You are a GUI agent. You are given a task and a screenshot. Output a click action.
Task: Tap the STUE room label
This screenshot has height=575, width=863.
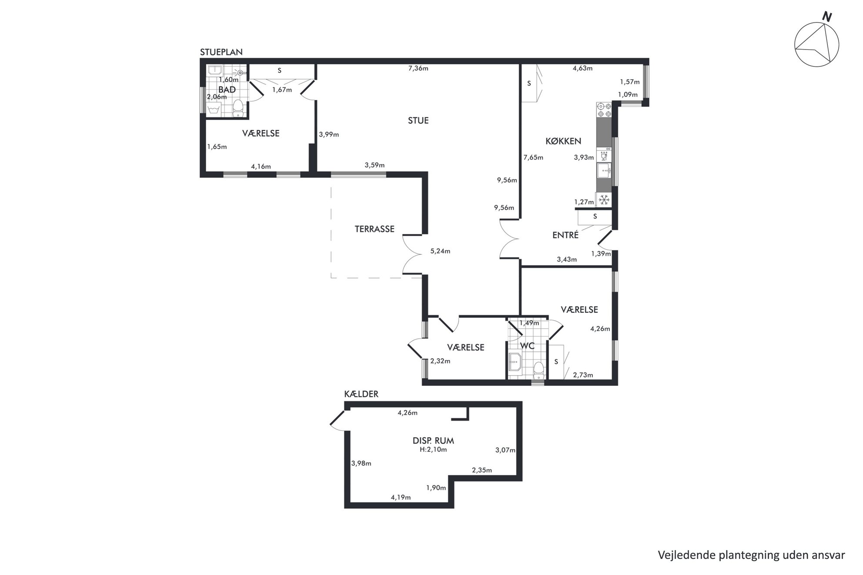click(x=418, y=120)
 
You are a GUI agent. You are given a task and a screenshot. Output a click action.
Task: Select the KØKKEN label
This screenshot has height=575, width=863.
click(x=563, y=141)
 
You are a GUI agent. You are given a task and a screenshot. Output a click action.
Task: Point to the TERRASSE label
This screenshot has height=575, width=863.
click(x=375, y=229)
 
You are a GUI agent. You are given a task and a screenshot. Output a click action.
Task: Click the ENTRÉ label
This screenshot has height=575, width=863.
click(x=565, y=235)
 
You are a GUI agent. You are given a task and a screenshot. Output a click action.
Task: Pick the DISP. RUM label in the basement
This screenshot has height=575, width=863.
click(x=433, y=441)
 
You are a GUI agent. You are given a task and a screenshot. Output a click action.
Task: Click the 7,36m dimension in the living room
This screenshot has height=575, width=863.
click(x=418, y=68)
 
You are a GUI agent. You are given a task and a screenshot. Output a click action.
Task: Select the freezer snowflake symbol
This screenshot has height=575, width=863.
click(x=604, y=199)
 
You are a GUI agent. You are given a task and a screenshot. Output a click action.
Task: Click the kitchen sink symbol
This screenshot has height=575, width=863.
click(x=604, y=171)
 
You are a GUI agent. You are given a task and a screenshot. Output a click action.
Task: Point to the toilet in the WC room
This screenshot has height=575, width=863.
click(x=539, y=370)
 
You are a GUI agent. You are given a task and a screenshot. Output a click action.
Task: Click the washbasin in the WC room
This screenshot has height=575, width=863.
click(x=515, y=362)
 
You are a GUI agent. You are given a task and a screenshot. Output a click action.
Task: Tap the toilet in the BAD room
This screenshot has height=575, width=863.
click(x=238, y=108)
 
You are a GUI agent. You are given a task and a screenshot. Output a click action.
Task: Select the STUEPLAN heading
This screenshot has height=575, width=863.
click(x=221, y=52)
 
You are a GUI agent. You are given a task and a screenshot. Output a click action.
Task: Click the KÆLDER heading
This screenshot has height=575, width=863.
click(x=361, y=394)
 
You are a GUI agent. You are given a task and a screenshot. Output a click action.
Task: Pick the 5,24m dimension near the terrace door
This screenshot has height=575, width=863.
click(x=440, y=251)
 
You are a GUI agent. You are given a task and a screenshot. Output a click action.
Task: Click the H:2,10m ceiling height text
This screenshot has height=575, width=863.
click(x=433, y=449)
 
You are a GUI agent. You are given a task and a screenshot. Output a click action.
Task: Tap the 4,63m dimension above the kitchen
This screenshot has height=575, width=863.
click(x=582, y=68)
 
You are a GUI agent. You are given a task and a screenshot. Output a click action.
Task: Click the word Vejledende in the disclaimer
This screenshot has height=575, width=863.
click(x=682, y=555)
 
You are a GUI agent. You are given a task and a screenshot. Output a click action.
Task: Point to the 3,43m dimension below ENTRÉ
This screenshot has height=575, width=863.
click(x=567, y=259)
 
